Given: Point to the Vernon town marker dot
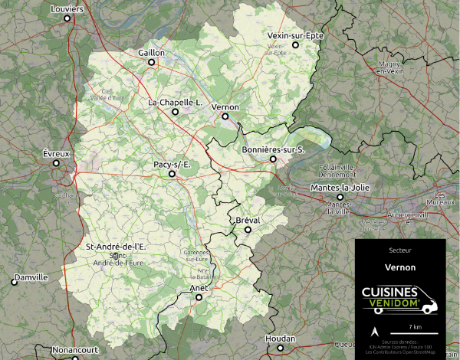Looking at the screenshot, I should pyautogui.click(x=225, y=117).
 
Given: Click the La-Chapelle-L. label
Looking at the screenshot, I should pyautogui.click(x=175, y=102).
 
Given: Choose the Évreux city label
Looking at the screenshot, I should pyautogui.click(x=57, y=154).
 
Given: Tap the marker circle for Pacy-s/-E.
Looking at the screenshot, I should pyautogui.click(x=172, y=175).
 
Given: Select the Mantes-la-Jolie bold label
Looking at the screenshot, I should pyautogui.click(x=340, y=188).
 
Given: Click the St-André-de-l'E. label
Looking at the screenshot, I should pyautogui.click(x=116, y=246).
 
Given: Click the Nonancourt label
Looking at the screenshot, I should pyautogui.click(x=75, y=350).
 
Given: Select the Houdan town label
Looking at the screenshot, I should pyautogui.click(x=279, y=338).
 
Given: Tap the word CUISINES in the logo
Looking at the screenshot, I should pyautogui.click(x=389, y=293).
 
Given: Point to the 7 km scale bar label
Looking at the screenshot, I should pyautogui.click(x=416, y=326).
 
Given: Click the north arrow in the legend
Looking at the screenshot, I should pyautogui.click(x=374, y=332).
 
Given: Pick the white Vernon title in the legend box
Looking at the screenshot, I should pyautogui.click(x=400, y=267).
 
